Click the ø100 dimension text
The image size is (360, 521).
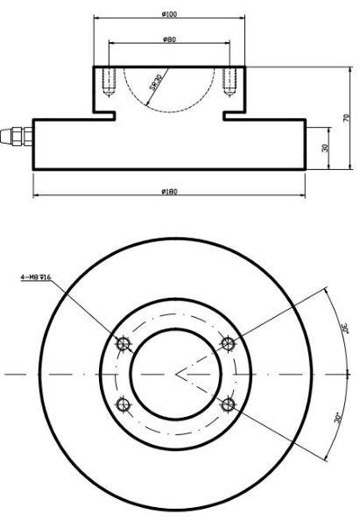[170, 14]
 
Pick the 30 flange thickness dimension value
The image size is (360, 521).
[325, 148]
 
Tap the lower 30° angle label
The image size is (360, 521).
[337, 419]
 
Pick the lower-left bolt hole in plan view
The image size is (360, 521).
[123, 404]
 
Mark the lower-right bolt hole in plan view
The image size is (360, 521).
[229, 404]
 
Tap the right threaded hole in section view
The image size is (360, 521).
[229, 81]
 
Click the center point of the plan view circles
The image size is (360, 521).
[176, 374]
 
